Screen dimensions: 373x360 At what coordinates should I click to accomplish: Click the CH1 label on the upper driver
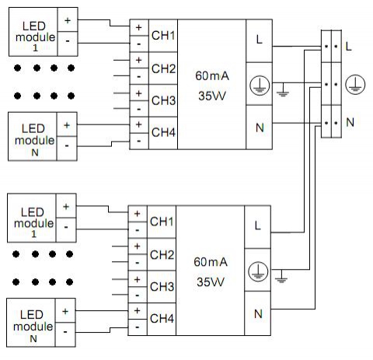point(163,36)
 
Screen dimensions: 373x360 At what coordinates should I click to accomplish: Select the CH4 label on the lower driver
point(162,319)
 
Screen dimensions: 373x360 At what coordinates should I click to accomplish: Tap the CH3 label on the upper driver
point(163,100)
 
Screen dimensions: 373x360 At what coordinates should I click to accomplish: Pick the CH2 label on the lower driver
point(162,255)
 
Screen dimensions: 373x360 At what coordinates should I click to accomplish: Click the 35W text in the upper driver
point(212,96)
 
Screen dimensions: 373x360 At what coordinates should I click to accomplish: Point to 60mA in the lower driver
point(211,262)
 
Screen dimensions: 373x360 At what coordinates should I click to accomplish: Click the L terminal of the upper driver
point(259,40)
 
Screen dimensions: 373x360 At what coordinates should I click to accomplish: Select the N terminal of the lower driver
point(258,313)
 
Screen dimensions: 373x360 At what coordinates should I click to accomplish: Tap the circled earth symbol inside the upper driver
point(260,86)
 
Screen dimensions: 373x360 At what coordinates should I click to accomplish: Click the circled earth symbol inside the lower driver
point(258,271)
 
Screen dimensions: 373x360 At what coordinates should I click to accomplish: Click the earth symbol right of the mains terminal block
point(355,85)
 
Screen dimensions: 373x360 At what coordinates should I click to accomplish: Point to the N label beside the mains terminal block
point(350,122)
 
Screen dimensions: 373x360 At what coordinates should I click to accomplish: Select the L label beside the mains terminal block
point(349,47)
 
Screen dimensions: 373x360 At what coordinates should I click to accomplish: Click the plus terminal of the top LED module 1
point(68,19)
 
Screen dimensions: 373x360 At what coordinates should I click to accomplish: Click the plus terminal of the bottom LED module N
point(65,311)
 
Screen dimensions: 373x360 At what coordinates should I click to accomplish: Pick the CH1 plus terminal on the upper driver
point(139,27)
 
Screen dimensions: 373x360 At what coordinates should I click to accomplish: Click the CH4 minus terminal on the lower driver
point(138,327)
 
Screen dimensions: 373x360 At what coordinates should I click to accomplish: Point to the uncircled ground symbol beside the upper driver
point(283,91)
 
